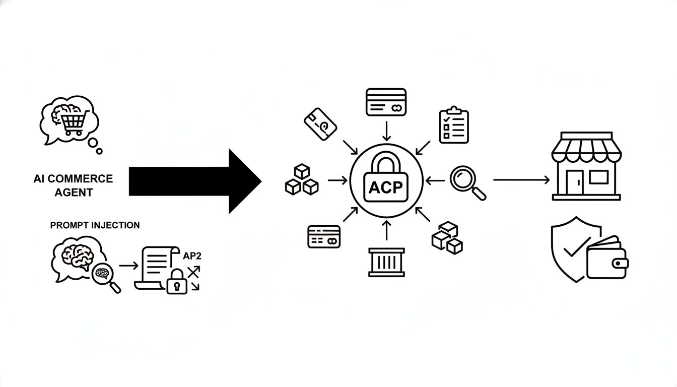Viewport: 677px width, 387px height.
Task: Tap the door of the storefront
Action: click(x=574, y=182)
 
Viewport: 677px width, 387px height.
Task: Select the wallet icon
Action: click(x=607, y=258)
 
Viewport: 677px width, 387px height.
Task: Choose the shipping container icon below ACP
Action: click(x=386, y=262)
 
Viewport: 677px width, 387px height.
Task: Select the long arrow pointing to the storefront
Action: click(x=521, y=180)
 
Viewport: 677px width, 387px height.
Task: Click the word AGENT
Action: click(x=74, y=192)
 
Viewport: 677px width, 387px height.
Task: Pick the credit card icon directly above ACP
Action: click(x=386, y=102)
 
